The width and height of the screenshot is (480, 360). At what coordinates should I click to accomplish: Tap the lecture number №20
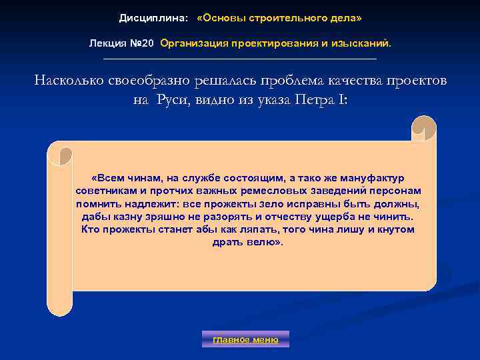click(x=142, y=43)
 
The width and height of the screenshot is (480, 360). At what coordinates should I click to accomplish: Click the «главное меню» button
click(x=245, y=339)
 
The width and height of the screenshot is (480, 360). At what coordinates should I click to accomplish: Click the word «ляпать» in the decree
click(x=258, y=229)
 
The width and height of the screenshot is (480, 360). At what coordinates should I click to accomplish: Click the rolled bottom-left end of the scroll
click(x=60, y=303)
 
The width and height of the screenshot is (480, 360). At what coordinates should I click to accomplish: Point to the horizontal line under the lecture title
click(x=240, y=59)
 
